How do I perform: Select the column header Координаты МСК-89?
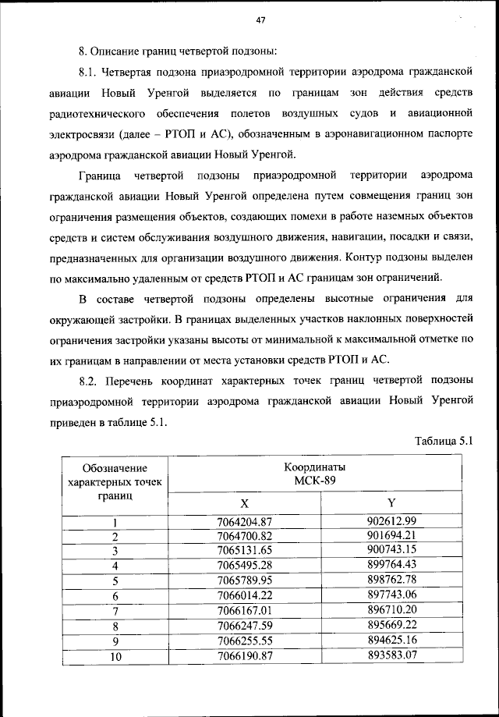coord(315,473)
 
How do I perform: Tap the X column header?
coord(245,503)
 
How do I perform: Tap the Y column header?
coord(391,503)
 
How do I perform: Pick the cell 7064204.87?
coord(245,522)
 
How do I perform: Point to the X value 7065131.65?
coord(245,552)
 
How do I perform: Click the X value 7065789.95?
coord(245,581)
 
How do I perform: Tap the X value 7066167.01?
coord(245,611)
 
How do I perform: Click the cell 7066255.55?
coord(245,641)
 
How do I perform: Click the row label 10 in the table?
coord(115,656)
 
